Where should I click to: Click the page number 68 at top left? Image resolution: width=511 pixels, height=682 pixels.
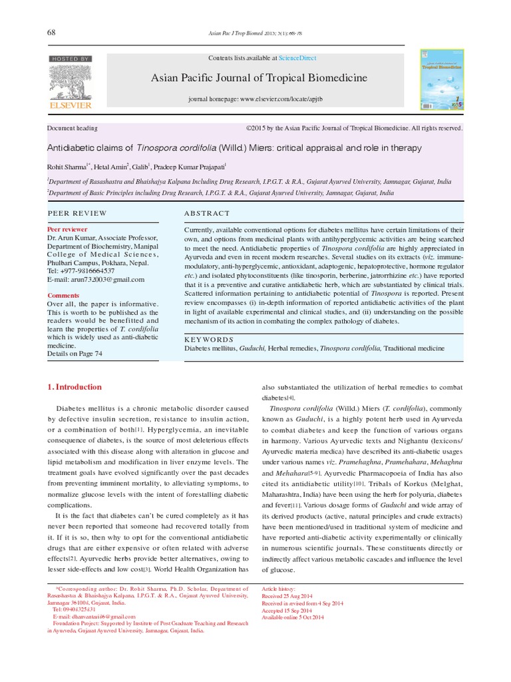pos(51,33)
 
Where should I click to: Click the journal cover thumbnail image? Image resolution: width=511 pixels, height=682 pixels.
pos(441,79)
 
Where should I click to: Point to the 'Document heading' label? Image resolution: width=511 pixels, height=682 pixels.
pos(73,128)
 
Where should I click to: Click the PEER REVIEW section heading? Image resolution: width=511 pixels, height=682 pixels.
pos(77,213)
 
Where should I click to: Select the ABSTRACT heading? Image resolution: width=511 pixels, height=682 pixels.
pos(207,213)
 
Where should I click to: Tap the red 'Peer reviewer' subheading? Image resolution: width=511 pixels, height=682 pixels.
pos(67,229)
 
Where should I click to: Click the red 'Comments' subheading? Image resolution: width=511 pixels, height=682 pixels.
pos(63,295)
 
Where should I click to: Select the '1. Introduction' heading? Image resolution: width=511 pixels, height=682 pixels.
pos(75,387)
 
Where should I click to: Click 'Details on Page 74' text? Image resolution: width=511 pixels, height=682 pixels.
pos(75,354)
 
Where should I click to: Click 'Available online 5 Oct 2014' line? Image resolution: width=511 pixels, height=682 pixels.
pos(293,617)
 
